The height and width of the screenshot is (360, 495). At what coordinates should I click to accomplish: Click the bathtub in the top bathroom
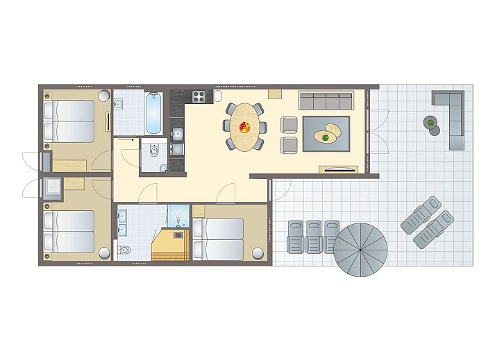154,113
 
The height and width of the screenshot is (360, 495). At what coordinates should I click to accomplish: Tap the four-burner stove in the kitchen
198,96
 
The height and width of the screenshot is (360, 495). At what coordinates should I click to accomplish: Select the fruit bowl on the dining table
244,127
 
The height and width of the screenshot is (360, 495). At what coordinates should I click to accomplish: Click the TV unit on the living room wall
338,169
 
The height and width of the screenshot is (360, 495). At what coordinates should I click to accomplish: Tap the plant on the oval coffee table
325,137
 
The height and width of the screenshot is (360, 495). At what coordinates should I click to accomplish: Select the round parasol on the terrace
360,248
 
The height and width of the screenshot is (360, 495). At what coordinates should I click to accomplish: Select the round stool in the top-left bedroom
104,96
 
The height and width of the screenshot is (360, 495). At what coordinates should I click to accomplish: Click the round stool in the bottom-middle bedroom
258,252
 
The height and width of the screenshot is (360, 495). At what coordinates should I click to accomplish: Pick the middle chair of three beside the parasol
314,237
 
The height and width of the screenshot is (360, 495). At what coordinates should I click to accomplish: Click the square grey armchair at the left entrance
53,187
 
